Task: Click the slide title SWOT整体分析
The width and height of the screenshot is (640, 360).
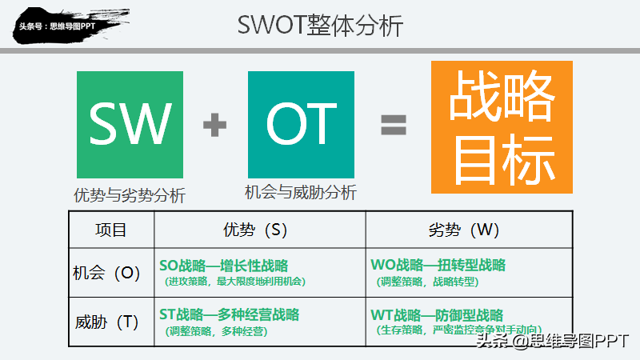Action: tap(320, 25)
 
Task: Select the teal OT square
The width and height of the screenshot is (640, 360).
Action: tap(301, 124)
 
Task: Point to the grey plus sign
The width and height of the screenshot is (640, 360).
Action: tap(214, 125)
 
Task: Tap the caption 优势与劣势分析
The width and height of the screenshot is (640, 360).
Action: tap(130, 195)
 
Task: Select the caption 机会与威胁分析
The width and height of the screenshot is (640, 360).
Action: tap(301, 192)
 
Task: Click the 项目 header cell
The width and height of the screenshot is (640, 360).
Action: tap(110, 230)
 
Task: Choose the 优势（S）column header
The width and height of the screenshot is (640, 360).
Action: tap(259, 230)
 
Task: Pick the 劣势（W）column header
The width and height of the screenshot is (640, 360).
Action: tap(470, 230)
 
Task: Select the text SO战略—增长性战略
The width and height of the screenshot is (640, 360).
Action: tap(224, 266)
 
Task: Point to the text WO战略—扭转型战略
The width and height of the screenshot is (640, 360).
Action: tap(438, 266)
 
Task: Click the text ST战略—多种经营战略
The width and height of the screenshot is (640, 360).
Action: tap(230, 314)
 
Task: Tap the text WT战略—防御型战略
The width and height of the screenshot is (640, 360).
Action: tap(437, 314)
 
